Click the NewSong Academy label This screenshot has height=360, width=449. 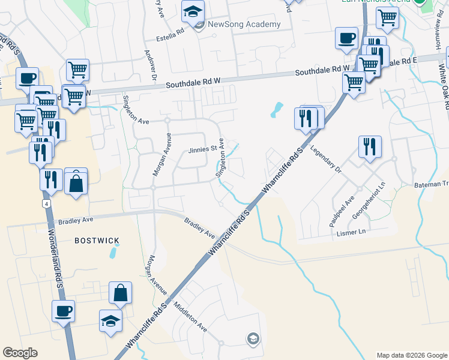coord(244,25)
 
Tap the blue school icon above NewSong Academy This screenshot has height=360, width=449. coord(193,12)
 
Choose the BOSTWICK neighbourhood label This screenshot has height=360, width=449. coord(97,241)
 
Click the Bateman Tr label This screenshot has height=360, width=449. coord(431,184)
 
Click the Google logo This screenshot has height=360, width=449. coord(20,352)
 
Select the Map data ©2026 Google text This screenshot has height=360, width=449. coord(411,355)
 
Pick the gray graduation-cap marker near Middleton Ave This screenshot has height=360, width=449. coord(253,339)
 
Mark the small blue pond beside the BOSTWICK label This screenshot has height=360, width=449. coord(113,252)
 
